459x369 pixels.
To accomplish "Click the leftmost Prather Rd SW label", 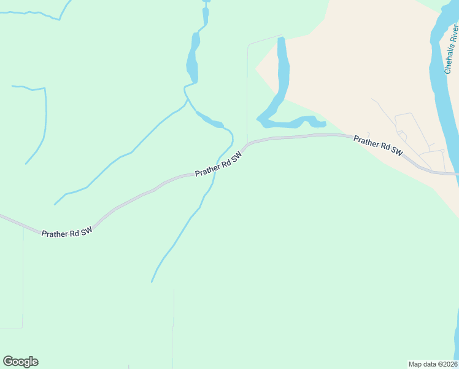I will [x=67, y=232].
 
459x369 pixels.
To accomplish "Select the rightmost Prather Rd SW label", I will [x=378, y=145].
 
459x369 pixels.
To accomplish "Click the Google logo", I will [x=20, y=362].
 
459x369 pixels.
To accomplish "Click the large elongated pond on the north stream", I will [x=194, y=58].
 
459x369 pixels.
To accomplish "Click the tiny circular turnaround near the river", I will [x=442, y=150].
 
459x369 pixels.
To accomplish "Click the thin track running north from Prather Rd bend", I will [x=247, y=92].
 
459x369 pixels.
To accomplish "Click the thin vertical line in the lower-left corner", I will [x=23, y=277].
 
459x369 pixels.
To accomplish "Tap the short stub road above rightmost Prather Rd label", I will [x=368, y=135].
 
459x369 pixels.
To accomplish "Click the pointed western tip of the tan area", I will [x=256, y=67].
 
